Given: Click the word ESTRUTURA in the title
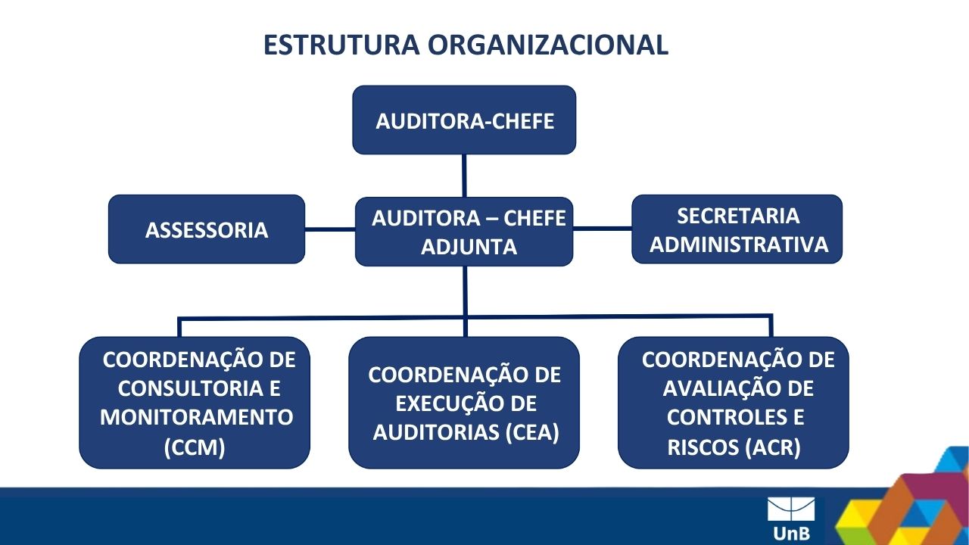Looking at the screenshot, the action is (x=341, y=45).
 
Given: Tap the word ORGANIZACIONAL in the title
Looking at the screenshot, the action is (x=548, y=45).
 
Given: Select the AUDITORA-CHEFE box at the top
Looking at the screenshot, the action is (x=464, y=120).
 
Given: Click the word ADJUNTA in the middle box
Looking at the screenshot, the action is (x=469, y=247).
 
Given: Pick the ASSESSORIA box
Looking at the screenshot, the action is (x=207, y=229).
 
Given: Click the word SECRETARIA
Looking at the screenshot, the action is (x=738, y=216).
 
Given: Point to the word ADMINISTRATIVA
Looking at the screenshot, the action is (x=738, y=244).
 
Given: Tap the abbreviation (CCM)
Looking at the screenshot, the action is (x=195, y=447).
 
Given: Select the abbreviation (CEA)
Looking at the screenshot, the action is (x=532, y=432).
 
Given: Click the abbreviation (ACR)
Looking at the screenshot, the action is (x=774, y=447).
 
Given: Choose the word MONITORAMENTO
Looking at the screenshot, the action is (x=196, y=417).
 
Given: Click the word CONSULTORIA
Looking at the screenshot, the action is (x=190, y=388).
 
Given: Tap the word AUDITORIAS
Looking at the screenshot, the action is (x=436, y=432).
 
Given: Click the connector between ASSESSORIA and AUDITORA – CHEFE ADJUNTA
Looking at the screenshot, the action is (x=330, y=229).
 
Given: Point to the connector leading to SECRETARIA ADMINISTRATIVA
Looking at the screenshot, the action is (x=603, y=228).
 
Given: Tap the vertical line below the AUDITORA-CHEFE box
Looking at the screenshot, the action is (x=464, y=176).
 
